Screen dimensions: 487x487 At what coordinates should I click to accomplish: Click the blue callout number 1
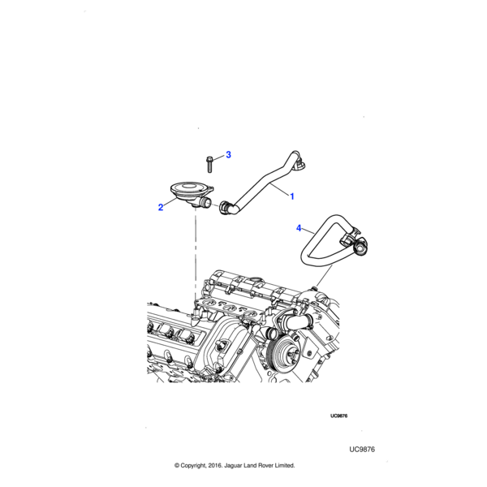292,196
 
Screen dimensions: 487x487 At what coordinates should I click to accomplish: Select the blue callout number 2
161,207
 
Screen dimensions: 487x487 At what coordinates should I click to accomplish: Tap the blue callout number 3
228,155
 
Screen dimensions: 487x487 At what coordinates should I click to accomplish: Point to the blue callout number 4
299,228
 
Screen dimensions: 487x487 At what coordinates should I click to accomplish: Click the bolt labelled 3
209,165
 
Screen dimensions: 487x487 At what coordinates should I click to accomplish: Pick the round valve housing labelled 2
191,193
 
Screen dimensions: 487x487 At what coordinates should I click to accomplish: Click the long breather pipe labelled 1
264,183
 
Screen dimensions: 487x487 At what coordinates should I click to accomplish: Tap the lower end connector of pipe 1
225,207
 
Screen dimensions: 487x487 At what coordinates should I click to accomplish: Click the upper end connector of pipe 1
300,164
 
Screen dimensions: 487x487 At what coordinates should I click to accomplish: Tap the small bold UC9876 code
338,416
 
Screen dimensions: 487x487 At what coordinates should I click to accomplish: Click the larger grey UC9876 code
362,450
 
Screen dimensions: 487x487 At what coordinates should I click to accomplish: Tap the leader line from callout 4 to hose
308,231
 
